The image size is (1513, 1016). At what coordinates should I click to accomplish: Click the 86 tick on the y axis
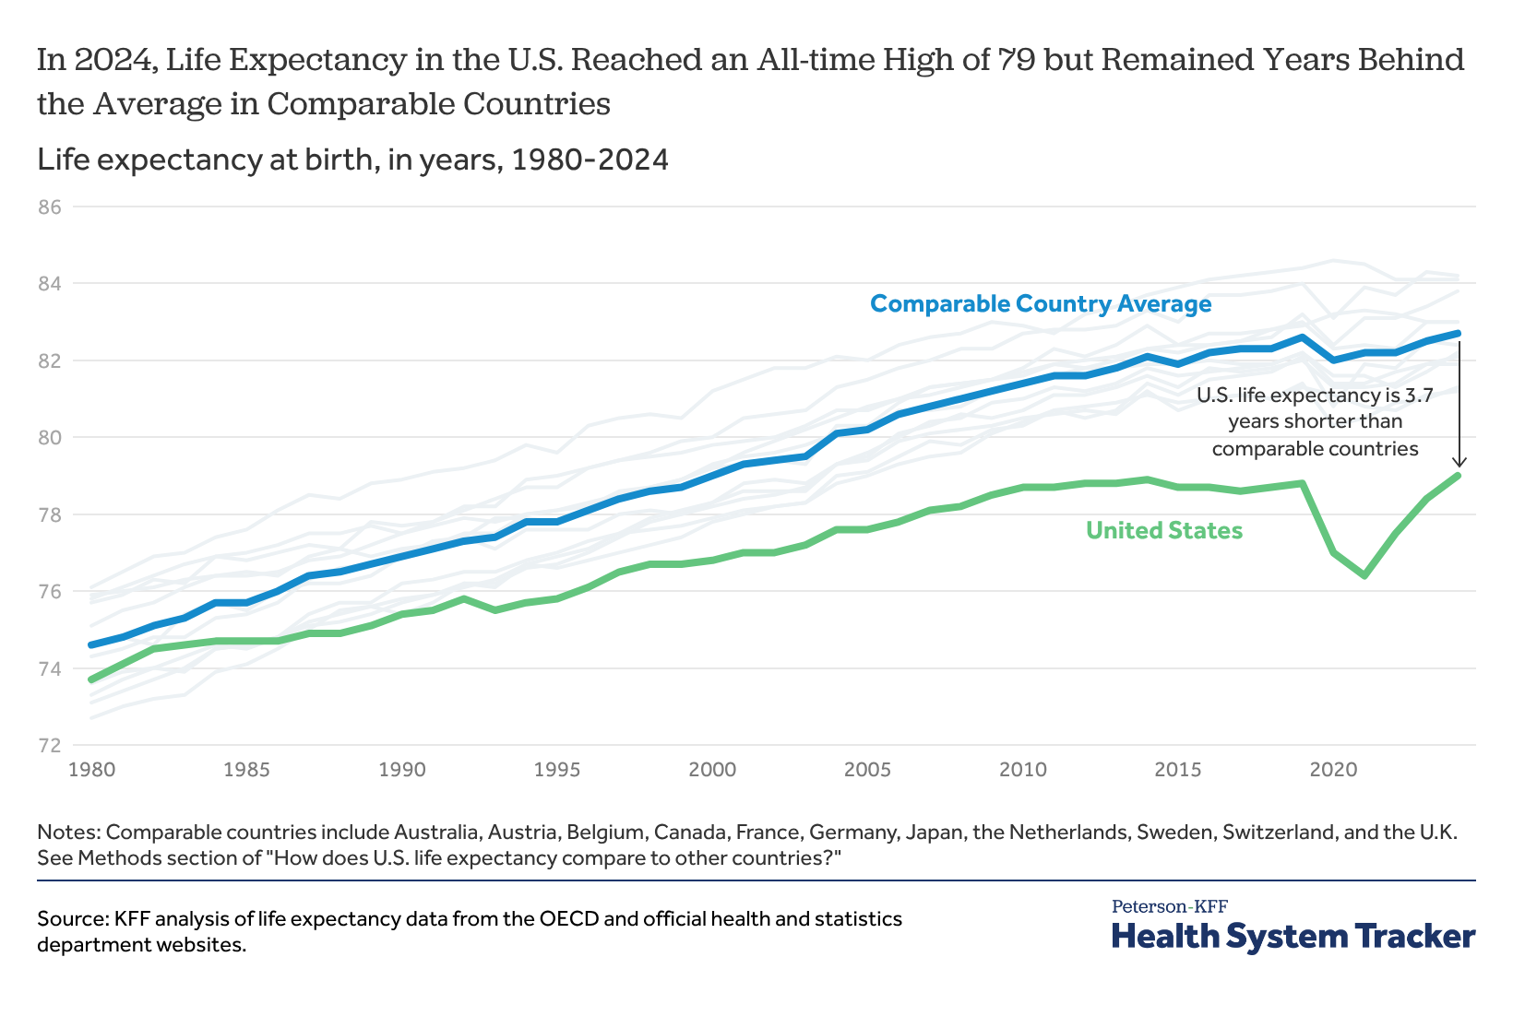tap(49, 207)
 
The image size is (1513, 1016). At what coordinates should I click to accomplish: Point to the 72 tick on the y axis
tap(49, 745)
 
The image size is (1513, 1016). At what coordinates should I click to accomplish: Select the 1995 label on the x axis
tap(556, 768)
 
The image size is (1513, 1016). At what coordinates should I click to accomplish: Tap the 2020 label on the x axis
tap(1332, 768)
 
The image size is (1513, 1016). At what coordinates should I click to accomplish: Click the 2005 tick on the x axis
tap(866, 768)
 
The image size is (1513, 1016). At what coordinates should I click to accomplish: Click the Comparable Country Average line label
tap(1041, 303)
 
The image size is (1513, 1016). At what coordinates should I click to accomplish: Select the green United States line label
tap(1164, 530)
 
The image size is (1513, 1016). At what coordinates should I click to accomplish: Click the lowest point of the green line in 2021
tap(1364, 576)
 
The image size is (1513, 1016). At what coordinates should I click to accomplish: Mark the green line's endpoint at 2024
tap(1459, 476)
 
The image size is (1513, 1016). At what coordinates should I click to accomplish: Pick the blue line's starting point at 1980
tap(90, 644)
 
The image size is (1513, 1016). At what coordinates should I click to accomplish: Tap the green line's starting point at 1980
tap(90, 679)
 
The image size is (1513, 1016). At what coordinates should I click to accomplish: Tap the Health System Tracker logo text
tap(1293, 936)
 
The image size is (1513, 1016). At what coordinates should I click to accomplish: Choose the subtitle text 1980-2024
tap(590, 159)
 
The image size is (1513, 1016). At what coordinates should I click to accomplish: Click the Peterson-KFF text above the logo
tap(1169, 906)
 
